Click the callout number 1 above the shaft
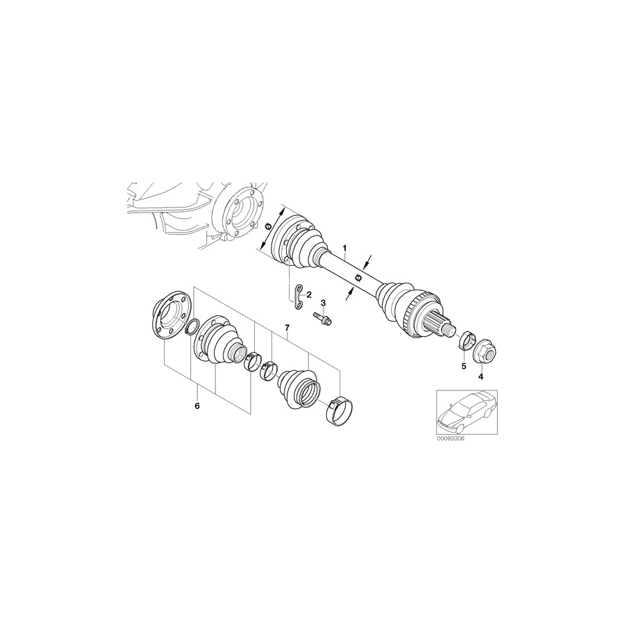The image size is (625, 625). (x=344, y=248)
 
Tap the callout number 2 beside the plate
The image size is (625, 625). (x=309, y=294)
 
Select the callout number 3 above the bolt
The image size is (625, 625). (x=323, y=303)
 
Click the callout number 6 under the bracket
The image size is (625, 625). (x=197, y=404)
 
